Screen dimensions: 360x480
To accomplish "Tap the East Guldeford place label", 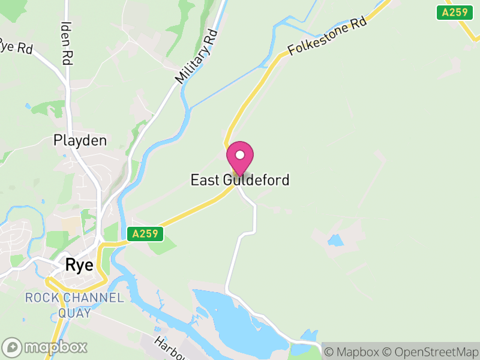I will (240, 179).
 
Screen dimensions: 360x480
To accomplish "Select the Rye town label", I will (79, 265).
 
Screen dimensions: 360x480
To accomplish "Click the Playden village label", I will (80, 141).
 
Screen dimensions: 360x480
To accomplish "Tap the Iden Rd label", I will (67, 43).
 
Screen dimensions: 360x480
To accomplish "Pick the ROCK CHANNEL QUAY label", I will (74, 305).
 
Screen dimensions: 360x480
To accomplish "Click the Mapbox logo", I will (46, 347).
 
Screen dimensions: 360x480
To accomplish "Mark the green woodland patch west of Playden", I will (45, 109).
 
